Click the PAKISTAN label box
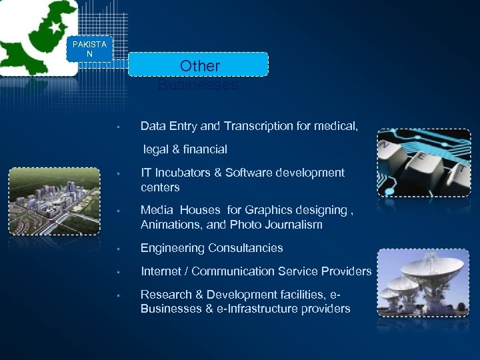click(89, 49)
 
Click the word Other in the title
click(199, 66)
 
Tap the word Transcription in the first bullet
click(253, 126)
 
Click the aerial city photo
click(54, 201)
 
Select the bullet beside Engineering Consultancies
click(117, 249)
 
